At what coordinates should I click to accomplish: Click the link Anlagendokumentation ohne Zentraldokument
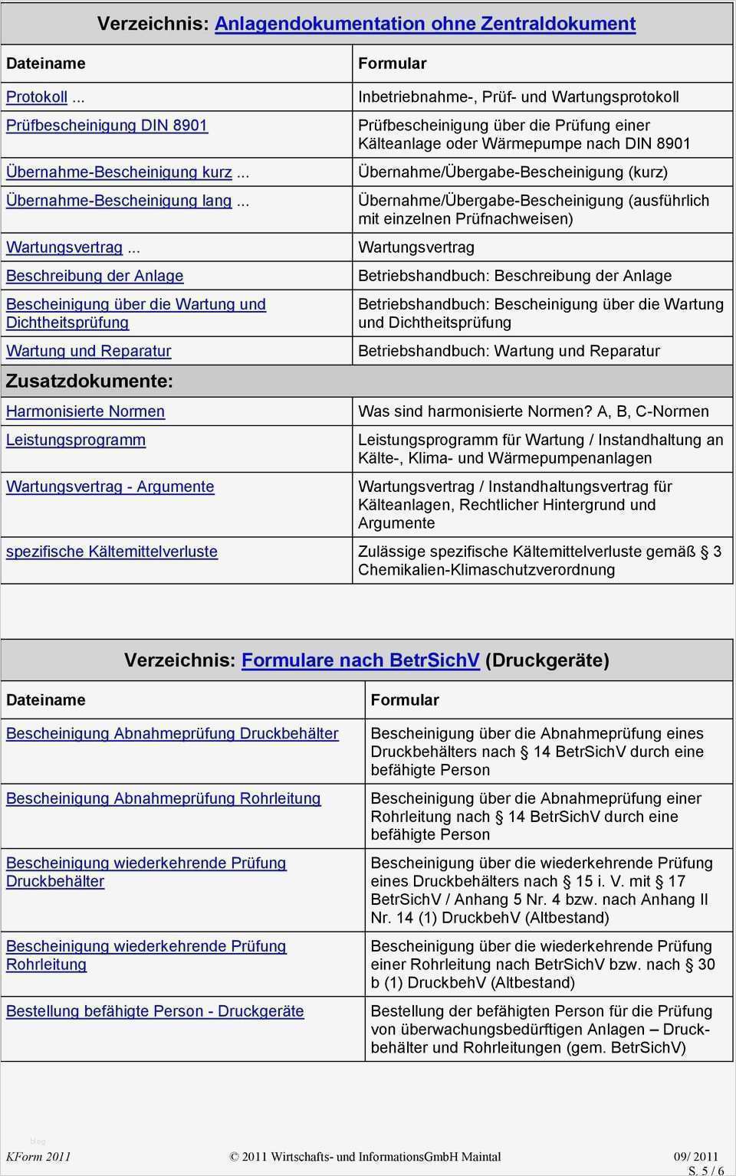(425, 24)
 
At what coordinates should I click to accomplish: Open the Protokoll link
(37, 97)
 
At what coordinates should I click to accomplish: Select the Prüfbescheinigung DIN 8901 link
(107, 126)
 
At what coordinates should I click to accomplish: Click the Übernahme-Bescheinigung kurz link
(119, 172)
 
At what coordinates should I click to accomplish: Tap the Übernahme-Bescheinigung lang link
(119, 201)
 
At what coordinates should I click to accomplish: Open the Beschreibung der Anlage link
(94, 276)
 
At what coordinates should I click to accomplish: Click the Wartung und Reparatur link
(88, 351)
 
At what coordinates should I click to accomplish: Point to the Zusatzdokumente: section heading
(90, 381)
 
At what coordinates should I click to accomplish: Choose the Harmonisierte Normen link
(85, 411)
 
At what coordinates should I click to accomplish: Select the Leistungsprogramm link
(76, 440)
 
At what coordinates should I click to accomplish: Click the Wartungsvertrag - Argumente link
(110, 486)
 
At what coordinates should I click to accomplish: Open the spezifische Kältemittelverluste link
(112, 552)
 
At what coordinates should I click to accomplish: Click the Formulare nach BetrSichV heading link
(360, 660)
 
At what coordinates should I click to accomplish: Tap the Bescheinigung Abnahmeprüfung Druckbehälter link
(172, 733)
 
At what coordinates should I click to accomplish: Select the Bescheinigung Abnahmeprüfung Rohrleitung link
(163, 798)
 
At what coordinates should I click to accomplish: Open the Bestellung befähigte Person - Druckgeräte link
(155, 1011)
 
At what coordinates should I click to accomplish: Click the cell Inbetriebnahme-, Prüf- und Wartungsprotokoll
(518, 97)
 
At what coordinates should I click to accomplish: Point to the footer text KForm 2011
(38, 1157)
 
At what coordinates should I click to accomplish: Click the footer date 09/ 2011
(696, 1157)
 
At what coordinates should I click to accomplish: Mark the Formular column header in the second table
(405, 700)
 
